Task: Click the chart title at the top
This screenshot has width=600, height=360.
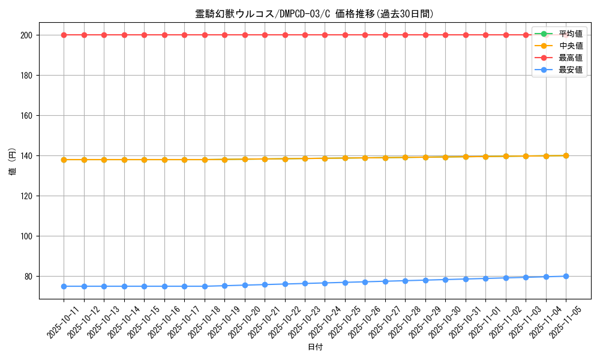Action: (314, 14)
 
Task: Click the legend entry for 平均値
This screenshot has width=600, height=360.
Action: (570, 34)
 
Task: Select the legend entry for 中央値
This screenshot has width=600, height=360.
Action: (570, 46)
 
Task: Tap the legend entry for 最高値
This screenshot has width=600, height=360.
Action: (570, 58)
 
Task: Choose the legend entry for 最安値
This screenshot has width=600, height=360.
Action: (570, 70)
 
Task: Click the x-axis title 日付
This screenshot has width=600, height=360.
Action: (315, 347)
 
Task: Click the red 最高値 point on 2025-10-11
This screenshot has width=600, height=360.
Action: (64, 35)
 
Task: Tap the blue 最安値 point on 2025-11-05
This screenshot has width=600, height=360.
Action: (566, 276)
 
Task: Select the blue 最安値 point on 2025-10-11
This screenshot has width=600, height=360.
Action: (64, 286)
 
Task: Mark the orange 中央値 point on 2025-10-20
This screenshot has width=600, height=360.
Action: (245, 159)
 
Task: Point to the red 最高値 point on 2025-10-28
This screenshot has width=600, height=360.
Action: (405, 35)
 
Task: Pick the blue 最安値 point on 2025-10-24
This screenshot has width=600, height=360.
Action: (325, 283)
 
